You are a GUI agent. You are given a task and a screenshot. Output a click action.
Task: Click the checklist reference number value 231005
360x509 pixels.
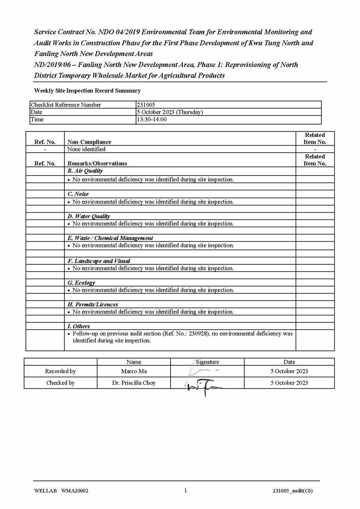(x=146, y=105)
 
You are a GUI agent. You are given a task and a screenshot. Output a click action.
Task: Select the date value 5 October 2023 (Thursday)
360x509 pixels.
(x=170, y=112)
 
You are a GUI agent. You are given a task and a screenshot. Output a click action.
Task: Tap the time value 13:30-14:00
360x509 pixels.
(x=151, y=119)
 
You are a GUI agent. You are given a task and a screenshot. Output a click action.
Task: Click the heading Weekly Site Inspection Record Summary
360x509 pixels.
(x=87, y=91)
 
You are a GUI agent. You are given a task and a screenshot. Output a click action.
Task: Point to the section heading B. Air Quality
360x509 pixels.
(x=85, y=171)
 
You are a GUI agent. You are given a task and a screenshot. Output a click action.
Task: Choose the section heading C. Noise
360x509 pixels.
(x=78, y=194)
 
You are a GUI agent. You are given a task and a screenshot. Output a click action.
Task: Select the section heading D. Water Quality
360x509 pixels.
(x=88, y=216)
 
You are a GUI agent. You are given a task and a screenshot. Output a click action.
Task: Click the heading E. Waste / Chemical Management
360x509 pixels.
(x=110, y=238)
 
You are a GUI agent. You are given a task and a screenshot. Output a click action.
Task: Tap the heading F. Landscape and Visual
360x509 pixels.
(x=98, y=261)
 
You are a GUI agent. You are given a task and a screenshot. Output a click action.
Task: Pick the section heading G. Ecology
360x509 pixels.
(x=81, y=283)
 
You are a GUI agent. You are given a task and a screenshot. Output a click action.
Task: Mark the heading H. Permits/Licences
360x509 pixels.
(x=92, y=305)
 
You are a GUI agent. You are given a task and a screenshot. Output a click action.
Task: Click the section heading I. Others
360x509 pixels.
(x=78, y=326)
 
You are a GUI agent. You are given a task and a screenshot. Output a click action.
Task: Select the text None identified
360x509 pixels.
(x=86, y=149)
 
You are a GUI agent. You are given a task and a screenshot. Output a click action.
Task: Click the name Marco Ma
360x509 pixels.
(x=134, y=371)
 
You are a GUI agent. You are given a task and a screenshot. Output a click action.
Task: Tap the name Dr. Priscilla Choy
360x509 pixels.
(x=134, y=383)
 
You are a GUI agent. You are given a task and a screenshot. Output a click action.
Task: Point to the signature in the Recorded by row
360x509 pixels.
(x=202, y=371)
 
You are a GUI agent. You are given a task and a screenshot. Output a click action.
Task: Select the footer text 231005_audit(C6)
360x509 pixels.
(x=292, y=491)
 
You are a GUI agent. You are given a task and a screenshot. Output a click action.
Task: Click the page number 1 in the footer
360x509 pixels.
(x=185, y=490)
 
